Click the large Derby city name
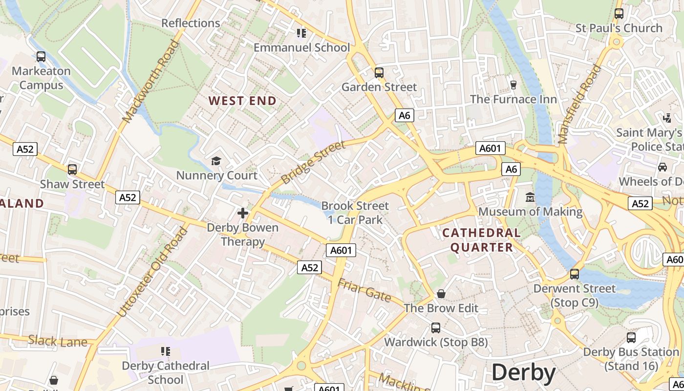[x=523, y=373]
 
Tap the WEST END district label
[x=242, y=101]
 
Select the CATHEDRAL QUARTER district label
[x=482, y=240]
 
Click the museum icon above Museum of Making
[x=530, y=197]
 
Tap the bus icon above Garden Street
[x=379, y=73]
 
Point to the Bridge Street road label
[x=313, y=162]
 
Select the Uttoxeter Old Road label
[x=152, y=272]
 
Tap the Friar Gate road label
[x=364, y=290]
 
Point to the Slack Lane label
[x=58, y=341]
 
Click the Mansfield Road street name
[x=579, y=104]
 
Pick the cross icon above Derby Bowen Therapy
[x=243, y=213]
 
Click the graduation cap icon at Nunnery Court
[x=216, y=161]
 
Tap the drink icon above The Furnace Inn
[x=513, y=85]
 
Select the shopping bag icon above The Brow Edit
[x=441, y=294]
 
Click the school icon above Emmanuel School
[x=301, y=33]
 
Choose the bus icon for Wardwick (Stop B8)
[x=435, y=327]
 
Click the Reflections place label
[x=191, y=23]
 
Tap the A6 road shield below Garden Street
[x=404, y=115]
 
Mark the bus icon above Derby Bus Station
[x=631, y=337]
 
